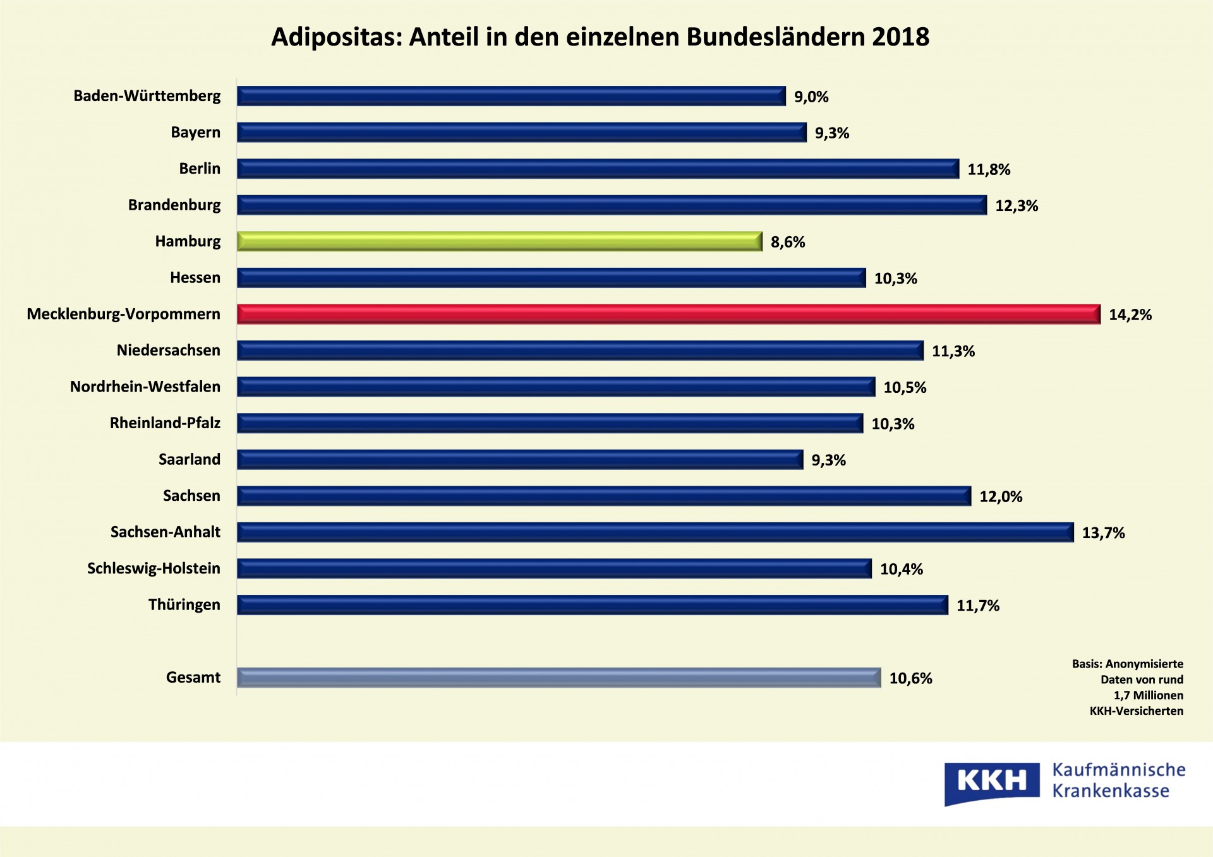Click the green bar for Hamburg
pos(499,241)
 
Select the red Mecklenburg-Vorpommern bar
pos(668,314)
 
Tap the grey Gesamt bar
pos(558,678)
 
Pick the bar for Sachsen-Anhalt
pos(655,532)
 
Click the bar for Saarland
pos(520,460)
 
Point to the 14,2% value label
pos(1130,315)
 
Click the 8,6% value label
pos(788,242)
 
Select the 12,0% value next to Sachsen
pos(1001,496)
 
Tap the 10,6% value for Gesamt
pos(910,678)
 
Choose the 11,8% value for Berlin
pos(989,169)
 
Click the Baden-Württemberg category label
pos(147,96)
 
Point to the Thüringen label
pos(184,605)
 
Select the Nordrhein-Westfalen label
pos(145,387)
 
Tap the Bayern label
pos(196,133)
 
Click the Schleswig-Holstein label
pos(154,568)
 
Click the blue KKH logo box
pos(991,782)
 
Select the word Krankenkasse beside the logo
pos(1111,791)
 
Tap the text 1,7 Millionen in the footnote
pos(1148,695)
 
